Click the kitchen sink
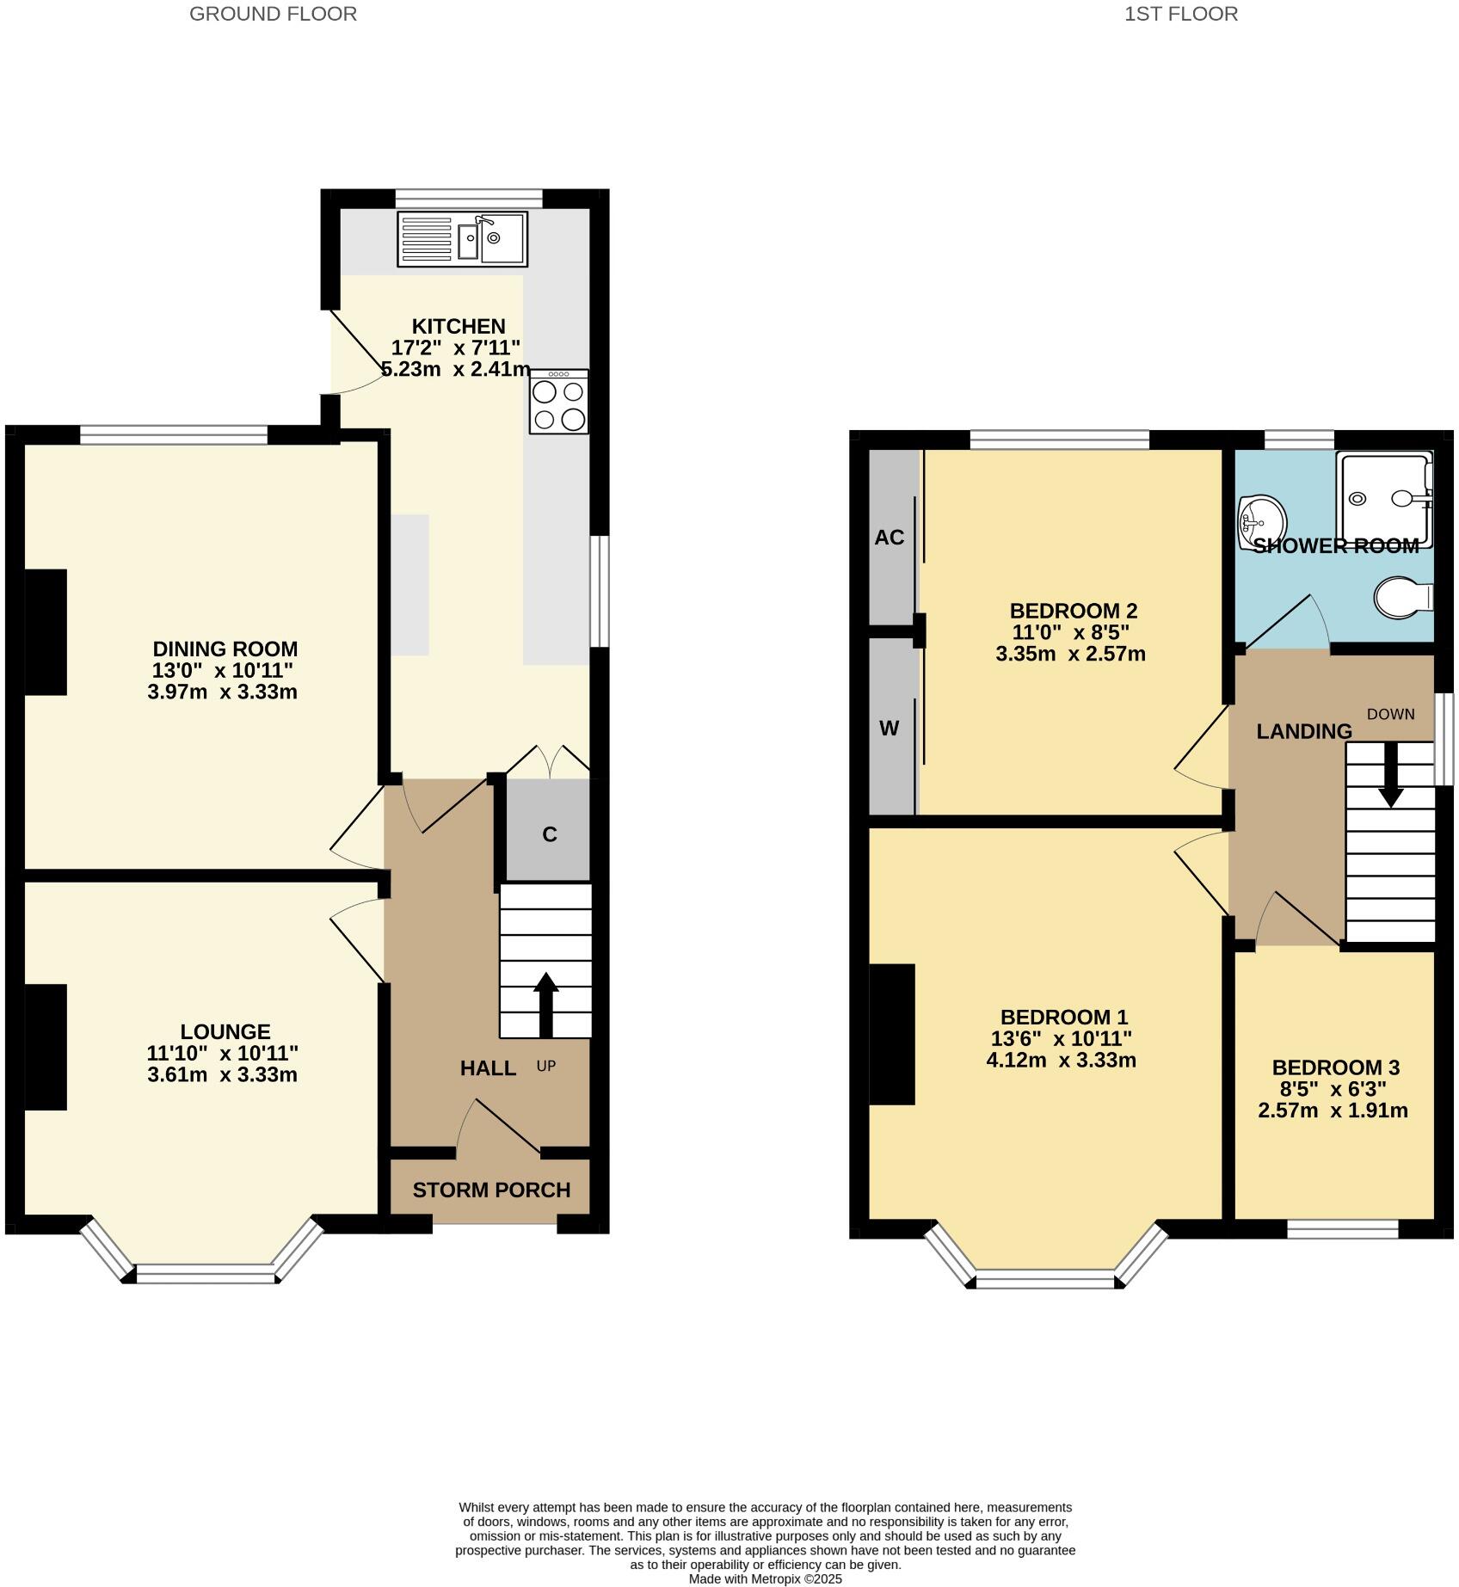click(x=463, y=238)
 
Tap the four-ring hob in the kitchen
click(x=559, y=403)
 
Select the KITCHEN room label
click(x=459, y=327)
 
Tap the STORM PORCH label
click(x=491, y=1190)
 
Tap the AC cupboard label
click(x=890, y=538)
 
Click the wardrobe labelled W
click(x=890, y=729)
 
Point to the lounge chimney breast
click(x=45, y=1047)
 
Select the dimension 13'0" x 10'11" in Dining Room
click(x=224, y=671)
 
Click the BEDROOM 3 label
click(x=1335, y=1067)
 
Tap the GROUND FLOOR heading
click(x=273, y=14)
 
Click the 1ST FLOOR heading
click(x=1180, y=14)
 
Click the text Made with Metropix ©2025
click(x=765, y=1579)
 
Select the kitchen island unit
click(x=410, y=585)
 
